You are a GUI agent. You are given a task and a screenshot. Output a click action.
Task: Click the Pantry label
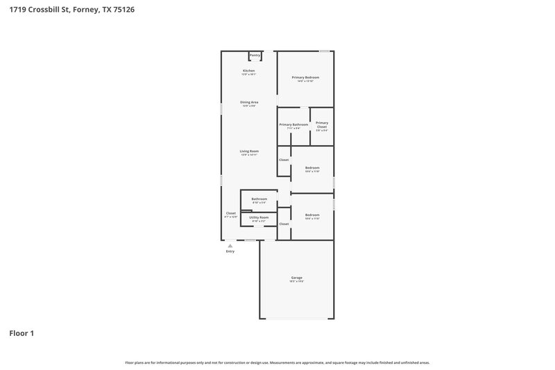coord(255,55)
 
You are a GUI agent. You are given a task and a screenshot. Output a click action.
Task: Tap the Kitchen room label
coord(248,71)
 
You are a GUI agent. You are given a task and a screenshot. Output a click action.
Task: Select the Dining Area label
coord(249,102)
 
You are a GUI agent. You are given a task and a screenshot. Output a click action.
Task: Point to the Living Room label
coord(249,151)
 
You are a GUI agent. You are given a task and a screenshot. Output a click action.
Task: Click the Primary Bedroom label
coord(305,77)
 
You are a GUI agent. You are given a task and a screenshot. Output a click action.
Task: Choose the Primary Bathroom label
coord(293,124)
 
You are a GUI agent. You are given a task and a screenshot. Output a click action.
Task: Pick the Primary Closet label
coord(322,124)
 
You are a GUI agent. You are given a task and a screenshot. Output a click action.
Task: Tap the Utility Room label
coord(259,217)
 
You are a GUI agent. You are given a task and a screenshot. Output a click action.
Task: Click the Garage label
coord(297,278)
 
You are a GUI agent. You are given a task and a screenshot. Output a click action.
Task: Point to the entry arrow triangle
coord(230,245)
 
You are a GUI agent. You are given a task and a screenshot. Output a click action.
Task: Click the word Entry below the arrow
coord(230,251)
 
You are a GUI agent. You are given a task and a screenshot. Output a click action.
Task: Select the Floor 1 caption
coord(22,333)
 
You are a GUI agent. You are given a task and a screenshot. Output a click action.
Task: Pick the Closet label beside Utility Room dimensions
coord(284,224)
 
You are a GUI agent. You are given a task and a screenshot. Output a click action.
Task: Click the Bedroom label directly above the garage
coord(312,215)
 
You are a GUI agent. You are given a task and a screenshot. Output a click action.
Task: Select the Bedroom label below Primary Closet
coord(312,167)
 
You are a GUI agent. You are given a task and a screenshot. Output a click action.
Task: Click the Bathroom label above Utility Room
coord(259,199)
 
